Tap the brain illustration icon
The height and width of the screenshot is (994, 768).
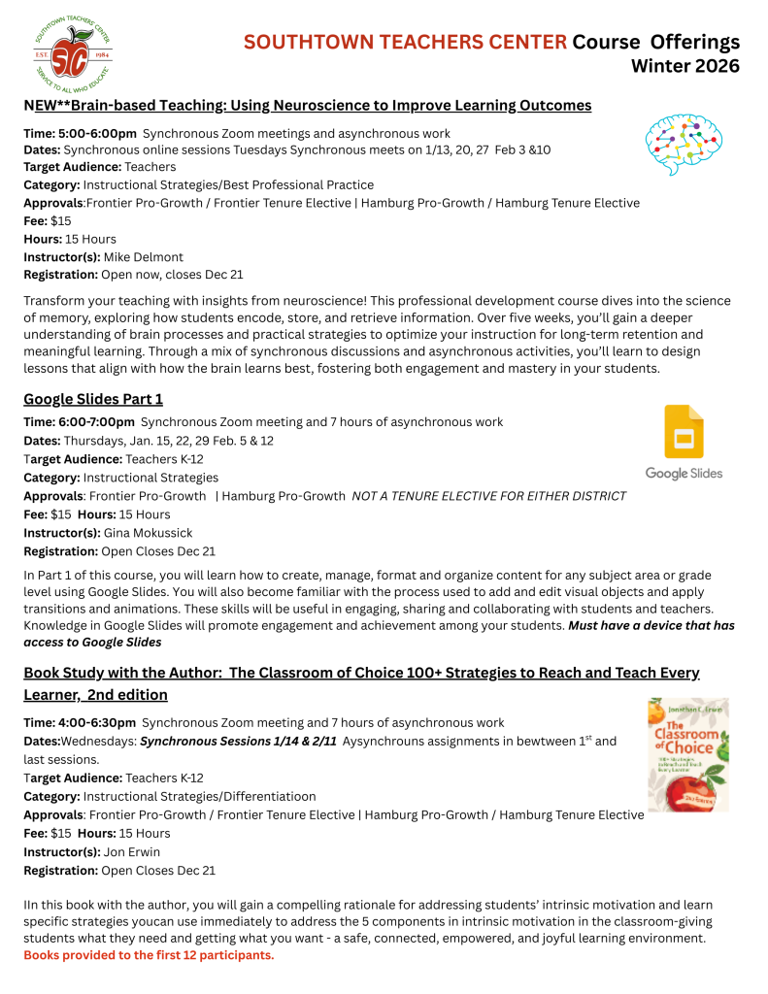coord(684,144)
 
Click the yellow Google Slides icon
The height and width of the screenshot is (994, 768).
coord(684,432)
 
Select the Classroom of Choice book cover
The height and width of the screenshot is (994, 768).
coord(687,754)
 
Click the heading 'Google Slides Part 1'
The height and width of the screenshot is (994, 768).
coord(93,399)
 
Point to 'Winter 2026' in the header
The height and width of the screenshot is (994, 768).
coord(685,66)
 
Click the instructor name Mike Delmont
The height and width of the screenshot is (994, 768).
coord(143,256)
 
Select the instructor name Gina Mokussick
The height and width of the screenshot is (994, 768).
coord(149,532)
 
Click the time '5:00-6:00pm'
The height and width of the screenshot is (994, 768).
coord(97,133)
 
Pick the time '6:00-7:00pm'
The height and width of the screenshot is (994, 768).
coord(97,422)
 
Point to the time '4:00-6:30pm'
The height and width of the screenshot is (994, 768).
coord(97,722)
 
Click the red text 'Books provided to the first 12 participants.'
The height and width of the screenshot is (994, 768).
coord(149,955)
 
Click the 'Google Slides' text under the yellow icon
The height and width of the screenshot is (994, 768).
coord(684,474)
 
